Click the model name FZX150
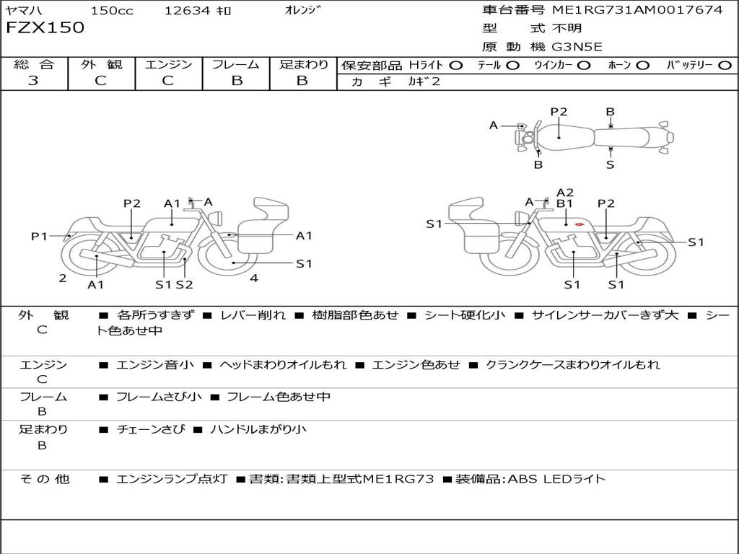click(x=45, y=28)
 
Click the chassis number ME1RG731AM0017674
click(x=637, y=10)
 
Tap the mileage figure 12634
click(x=188, y=11)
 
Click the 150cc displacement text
click(x=112, y=11)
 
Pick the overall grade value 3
click(x=33, y=81)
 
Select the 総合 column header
click(x=34, y=64)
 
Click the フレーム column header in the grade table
click(x=236, y=64)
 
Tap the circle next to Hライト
click(x=455, y=65)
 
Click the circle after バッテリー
click(x=725, y=65)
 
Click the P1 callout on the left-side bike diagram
click(x=39, y=236)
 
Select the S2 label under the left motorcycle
click(x=185, y=284)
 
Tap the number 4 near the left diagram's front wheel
click(x=254, y=278)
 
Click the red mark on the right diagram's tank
click(x=580, y=224)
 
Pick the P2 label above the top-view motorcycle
click(x=559, y=112)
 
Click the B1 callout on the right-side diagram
click(x=564, y=203)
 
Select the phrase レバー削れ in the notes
click(x=253, y=315)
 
